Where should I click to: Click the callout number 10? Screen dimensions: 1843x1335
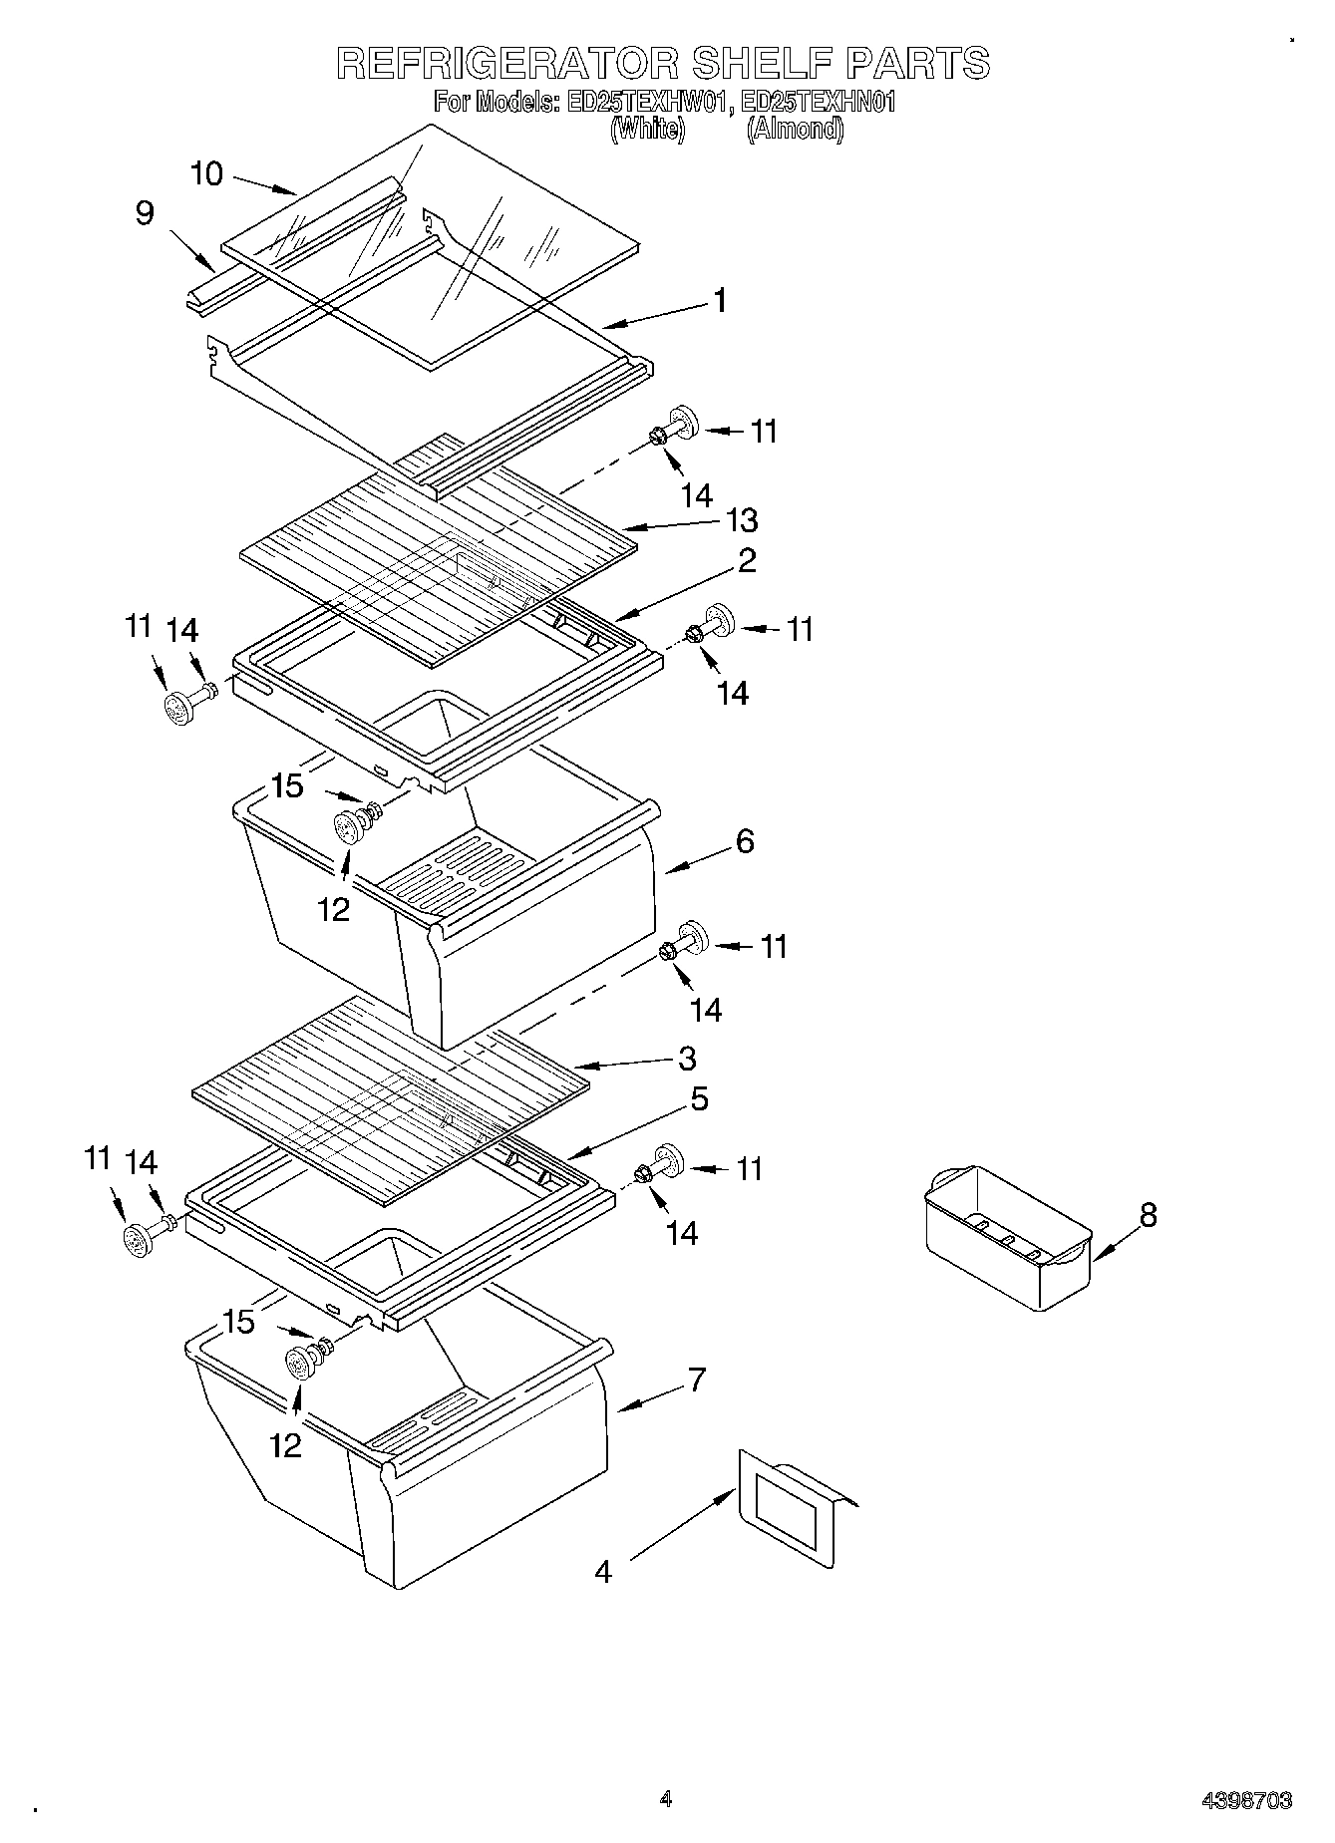206,173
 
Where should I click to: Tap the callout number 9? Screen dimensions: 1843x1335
145,213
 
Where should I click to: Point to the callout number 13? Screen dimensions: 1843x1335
742,520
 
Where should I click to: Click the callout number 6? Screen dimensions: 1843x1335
744,841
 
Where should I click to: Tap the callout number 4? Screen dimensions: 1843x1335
603,1572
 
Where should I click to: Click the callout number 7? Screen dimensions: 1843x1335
696,1381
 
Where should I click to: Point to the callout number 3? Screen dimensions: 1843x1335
686,1058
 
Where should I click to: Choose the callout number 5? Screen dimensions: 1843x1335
699,1099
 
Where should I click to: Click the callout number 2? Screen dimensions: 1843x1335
747,560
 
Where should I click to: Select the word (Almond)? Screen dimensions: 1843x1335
795,129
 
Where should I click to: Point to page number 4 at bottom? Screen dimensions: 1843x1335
665,1799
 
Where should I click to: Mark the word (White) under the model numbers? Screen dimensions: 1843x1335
647,129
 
